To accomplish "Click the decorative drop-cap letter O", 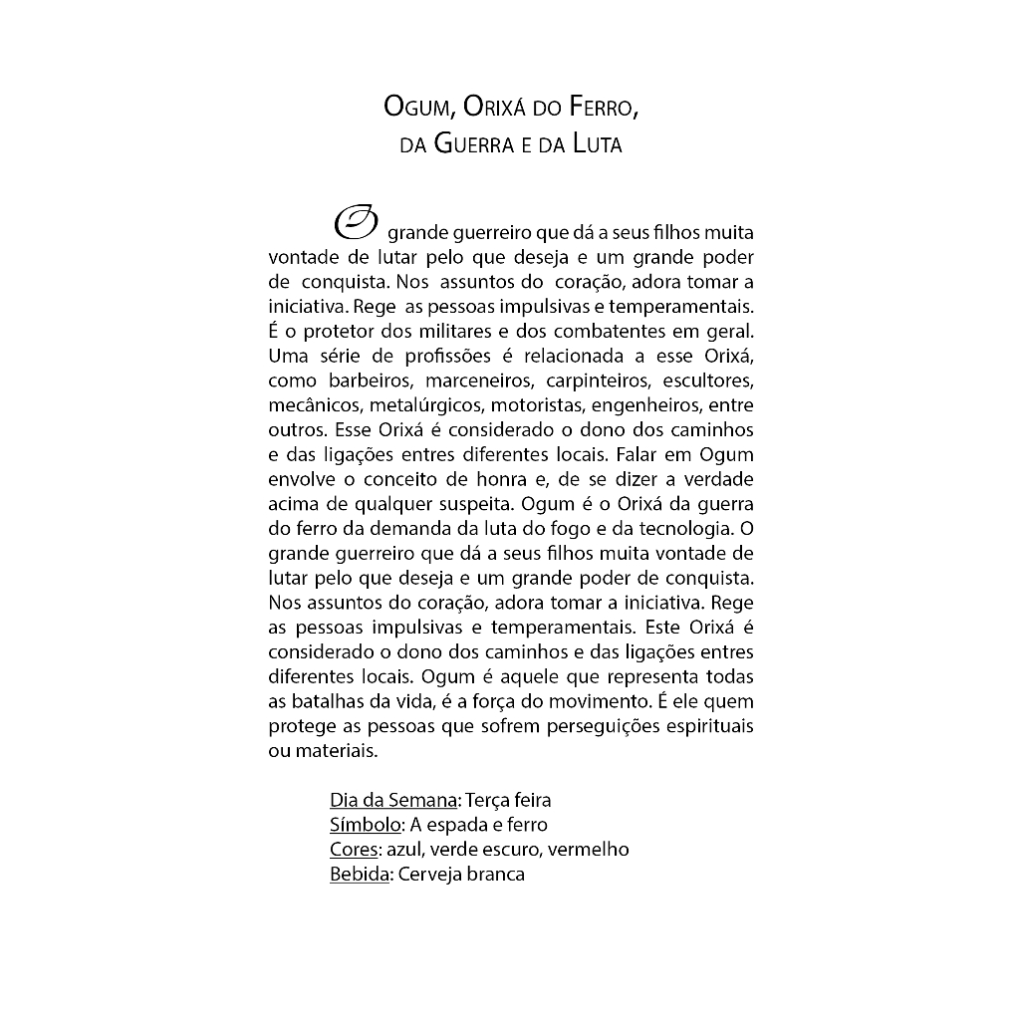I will pos(356,225).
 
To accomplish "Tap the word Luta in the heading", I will pos(598,144).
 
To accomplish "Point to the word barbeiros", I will pos(368,381).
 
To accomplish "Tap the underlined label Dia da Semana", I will pos(392,800).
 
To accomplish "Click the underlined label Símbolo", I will pos(365,825).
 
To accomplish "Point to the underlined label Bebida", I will pos(358,875).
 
